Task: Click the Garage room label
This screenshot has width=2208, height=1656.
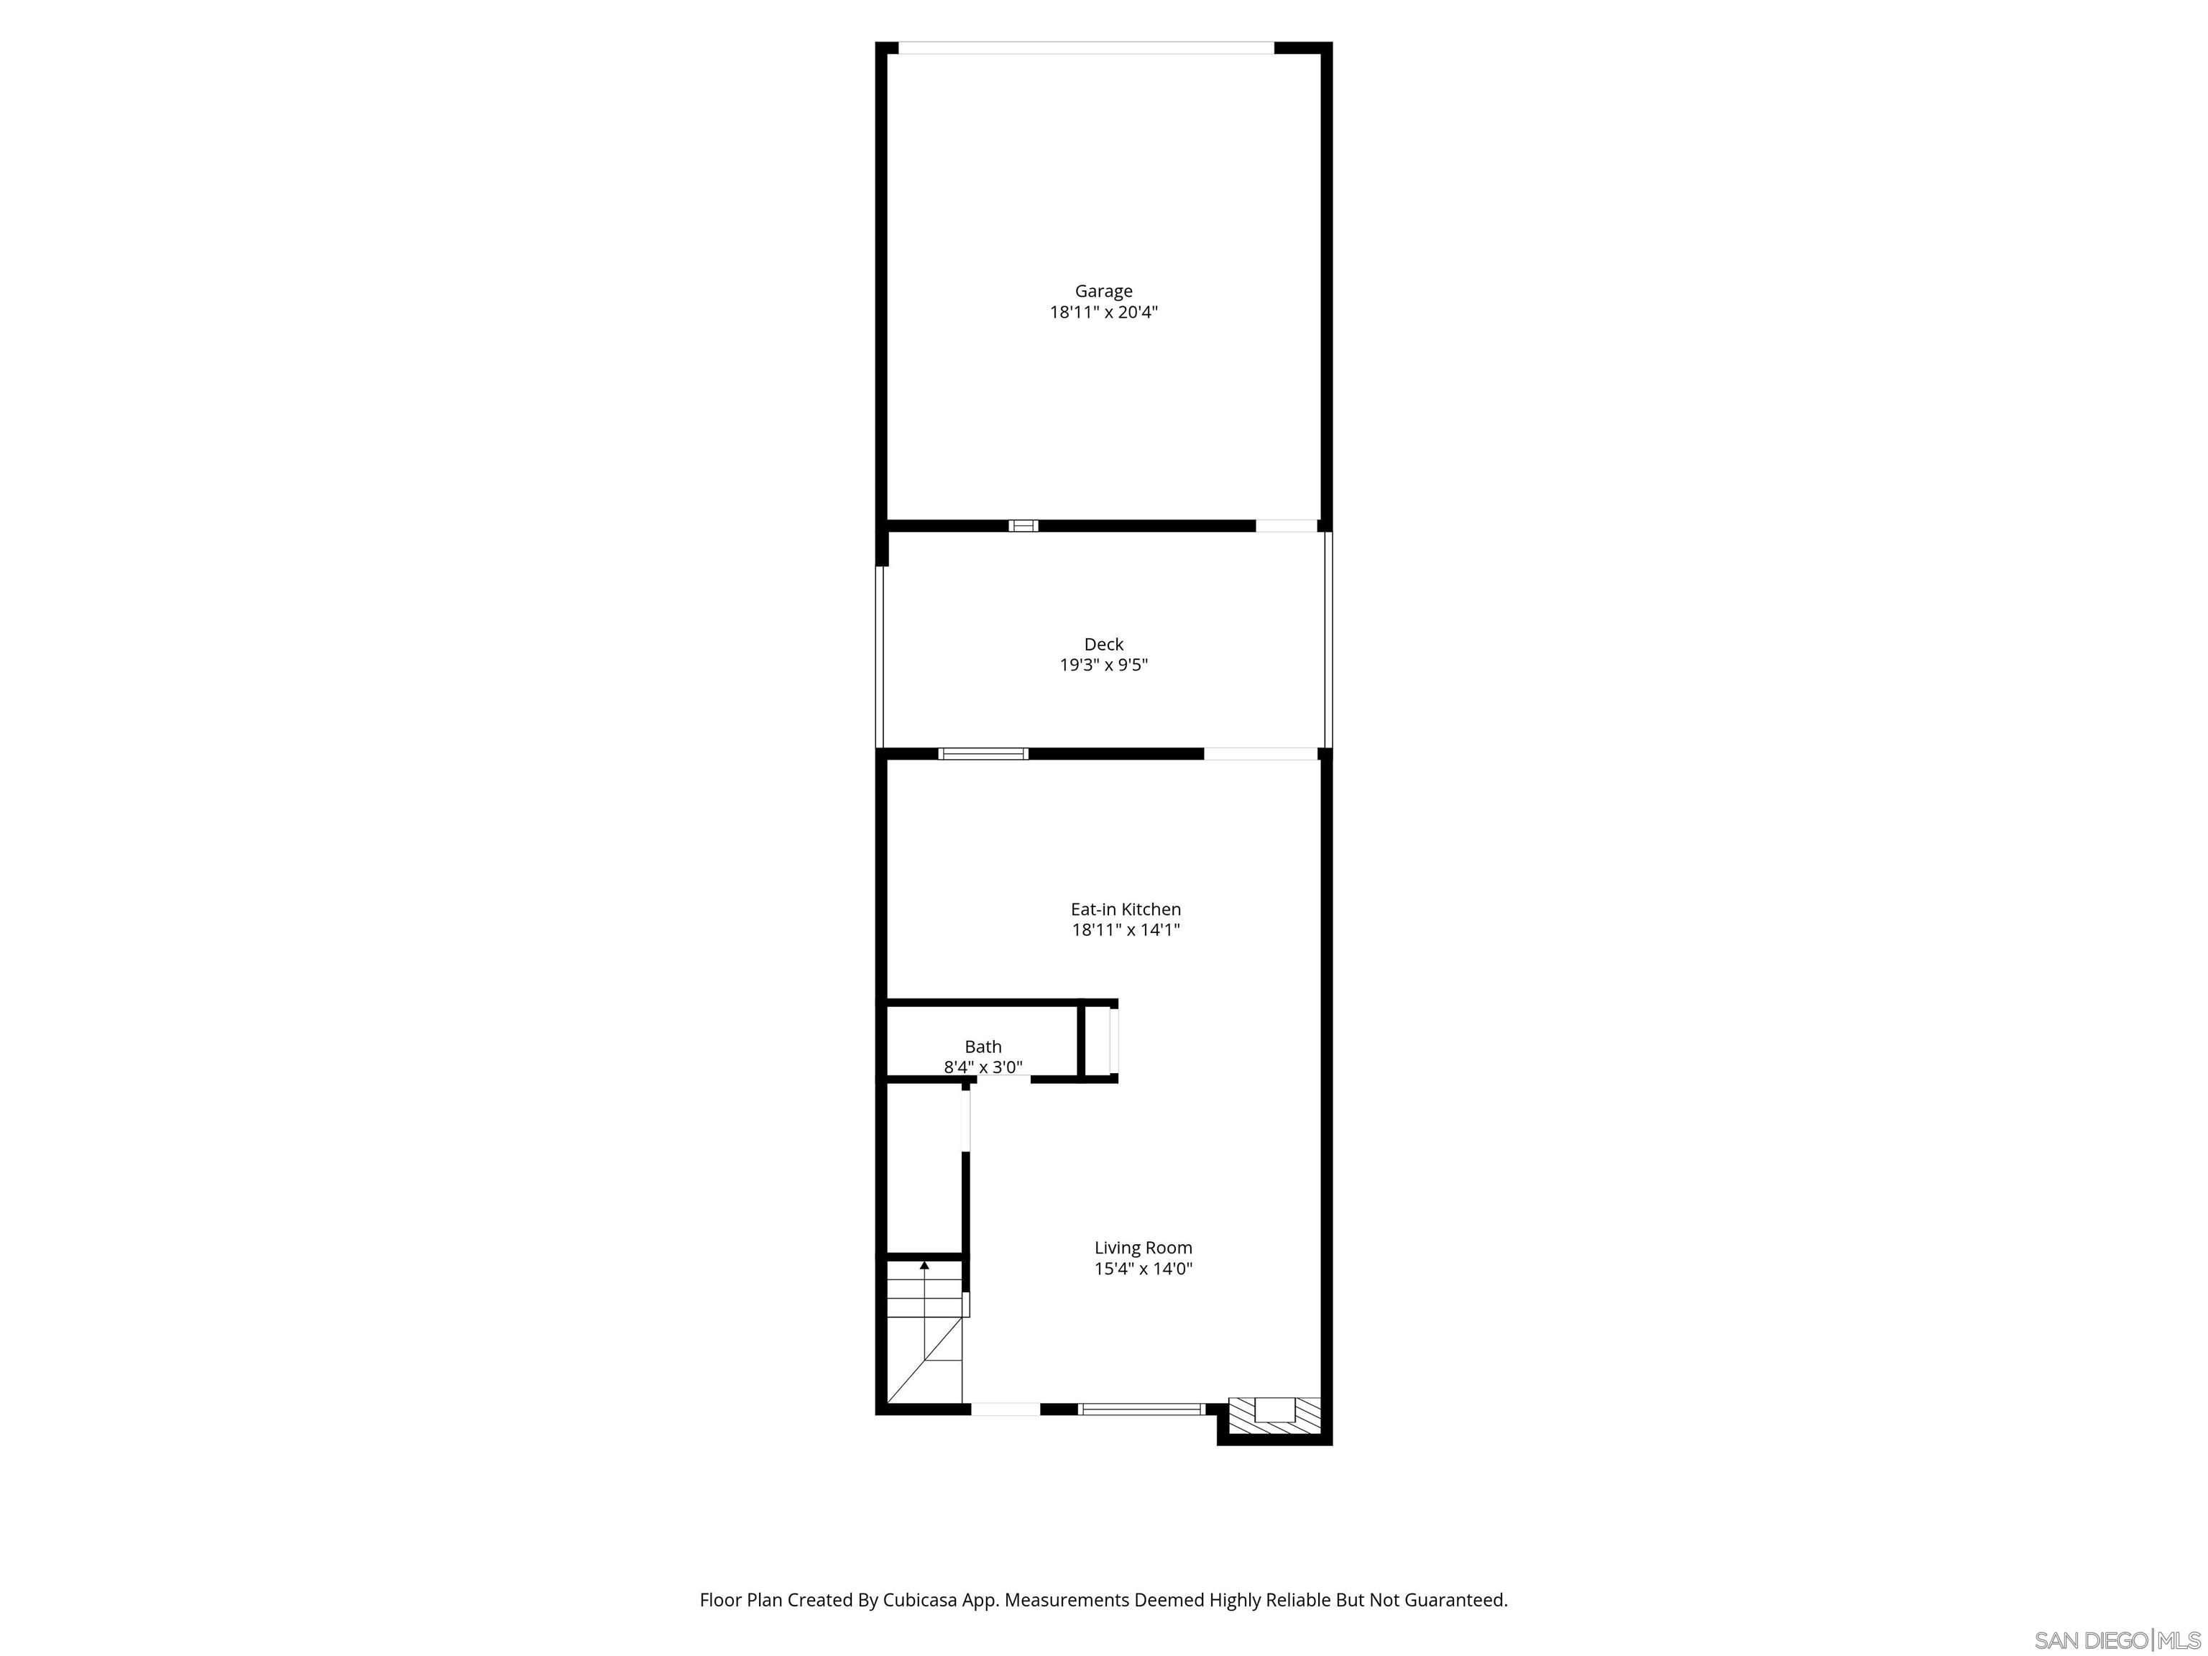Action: point(1103,292)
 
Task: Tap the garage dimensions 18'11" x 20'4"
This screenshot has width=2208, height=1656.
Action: point(1103,313)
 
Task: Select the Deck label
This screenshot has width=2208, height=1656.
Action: point(1103,645)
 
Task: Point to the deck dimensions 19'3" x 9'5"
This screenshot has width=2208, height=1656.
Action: point(1103,666)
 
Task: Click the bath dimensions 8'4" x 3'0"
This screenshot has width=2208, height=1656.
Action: point(983,1068)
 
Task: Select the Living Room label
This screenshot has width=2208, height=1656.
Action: point(1143,1248)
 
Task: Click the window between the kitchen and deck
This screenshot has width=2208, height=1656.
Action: point(983,755)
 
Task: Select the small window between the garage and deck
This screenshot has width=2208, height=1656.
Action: point(1023,526)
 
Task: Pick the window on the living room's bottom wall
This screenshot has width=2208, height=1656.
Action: point(1142,1409)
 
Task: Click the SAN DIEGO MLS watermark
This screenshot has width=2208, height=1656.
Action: point(2116,1640)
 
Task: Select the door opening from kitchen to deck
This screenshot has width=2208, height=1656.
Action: point(1260,755)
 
